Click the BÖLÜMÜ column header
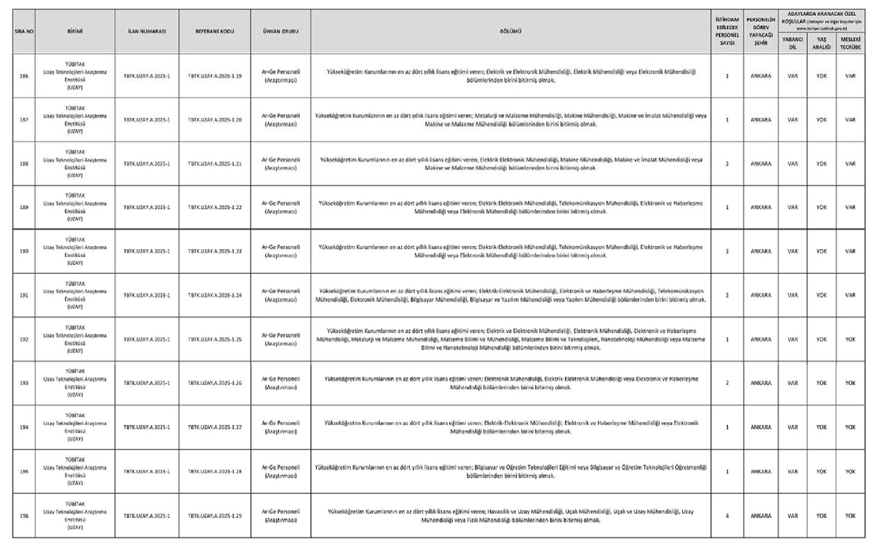[x=511, y=31]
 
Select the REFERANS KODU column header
[x=214, y=31]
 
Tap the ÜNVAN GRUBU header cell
[x=280, y=31]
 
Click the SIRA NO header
[x=24, y=31]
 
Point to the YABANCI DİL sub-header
[x=792, y=43]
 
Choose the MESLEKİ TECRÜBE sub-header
[x=850, y=43]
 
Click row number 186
[x=24, y=76]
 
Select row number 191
[x=24, y=295]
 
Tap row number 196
[x=24, y=515]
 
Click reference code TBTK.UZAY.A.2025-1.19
[x=214, y=76]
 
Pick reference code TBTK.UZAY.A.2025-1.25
[x=214, y=339]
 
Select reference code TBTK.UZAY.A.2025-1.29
[x=214, y=515]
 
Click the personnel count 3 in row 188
[x=727, y=164]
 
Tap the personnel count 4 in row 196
[x=727, y=515]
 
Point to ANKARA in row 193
[x=761, y=383]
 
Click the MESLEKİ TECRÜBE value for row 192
[x=850, y=339]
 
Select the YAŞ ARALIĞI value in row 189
[x=821, y=207]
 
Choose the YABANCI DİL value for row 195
[x=792, y=471]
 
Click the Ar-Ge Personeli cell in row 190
[x=280, y=251]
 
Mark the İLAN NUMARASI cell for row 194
[x=147, y=427]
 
